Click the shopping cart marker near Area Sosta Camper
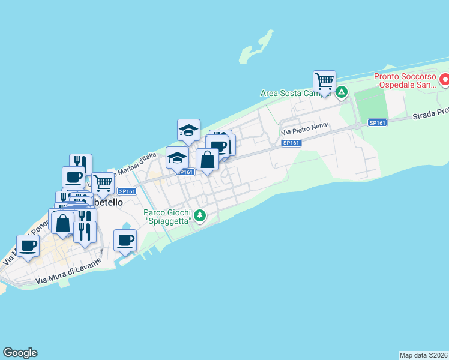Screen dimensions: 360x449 click(324, 81)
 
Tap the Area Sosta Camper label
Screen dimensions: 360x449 click(295, 93)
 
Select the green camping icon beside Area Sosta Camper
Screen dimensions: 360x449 click(341, 92)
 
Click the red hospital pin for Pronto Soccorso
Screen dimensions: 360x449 click(445, 79)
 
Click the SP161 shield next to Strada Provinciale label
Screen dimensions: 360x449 click(377, 122)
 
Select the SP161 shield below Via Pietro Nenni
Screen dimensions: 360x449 click(291, 143)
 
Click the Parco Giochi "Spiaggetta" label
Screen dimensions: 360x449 click(167, 217)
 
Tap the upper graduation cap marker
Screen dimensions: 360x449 click(188, 130)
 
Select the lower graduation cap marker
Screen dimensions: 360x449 click(177, 158)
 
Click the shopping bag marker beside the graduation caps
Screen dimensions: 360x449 click(207, 160)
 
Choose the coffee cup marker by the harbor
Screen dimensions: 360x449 click(125, 240)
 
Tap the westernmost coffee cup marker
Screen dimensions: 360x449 click(28, 246)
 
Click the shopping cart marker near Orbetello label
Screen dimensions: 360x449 click(103, 182)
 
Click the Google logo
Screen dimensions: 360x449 click(20, 353)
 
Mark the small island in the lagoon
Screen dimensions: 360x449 click(252, 53)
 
